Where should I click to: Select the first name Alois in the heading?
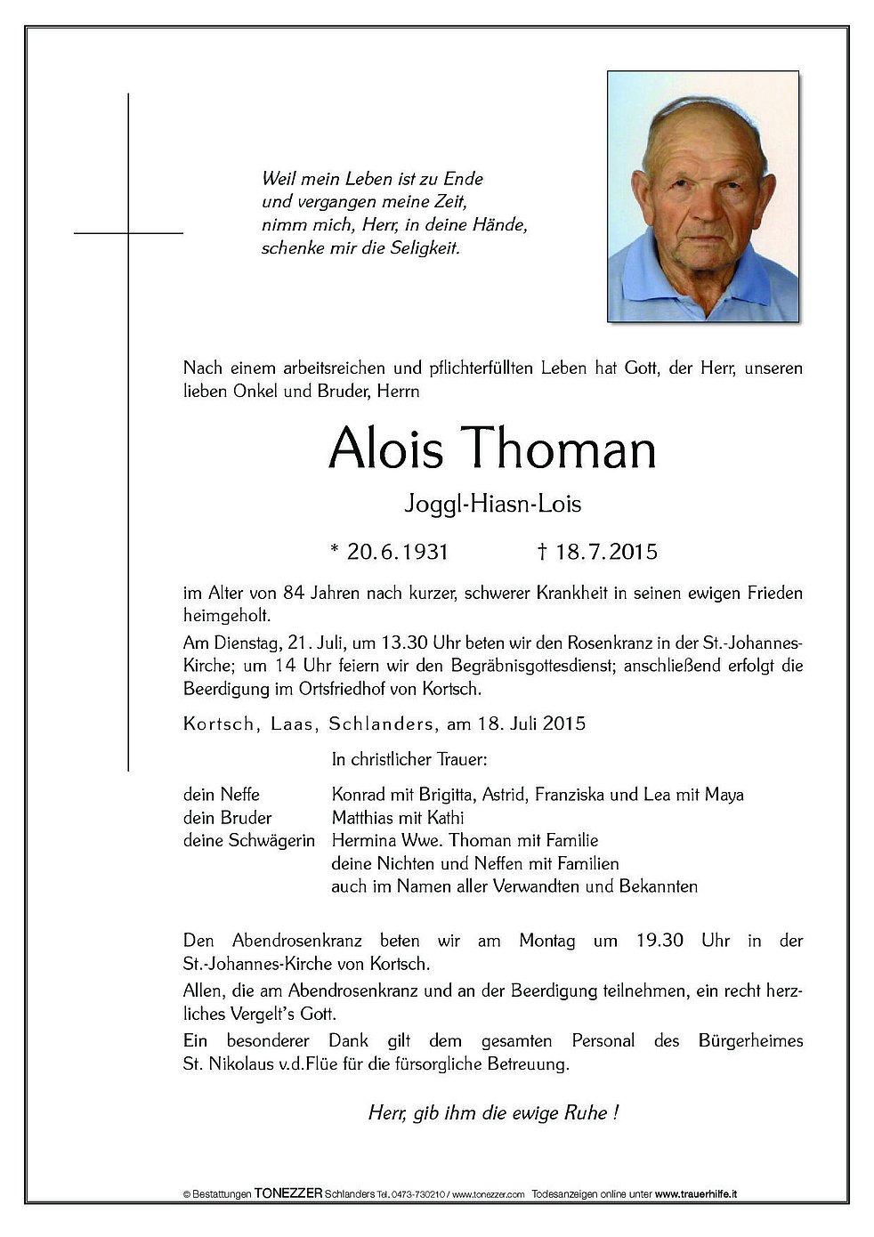coord(385,449)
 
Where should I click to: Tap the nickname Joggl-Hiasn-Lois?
coord(492,504)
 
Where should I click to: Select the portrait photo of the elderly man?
coord(702,196)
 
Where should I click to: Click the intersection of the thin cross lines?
coord(129,233)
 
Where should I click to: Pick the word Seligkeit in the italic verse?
coord(425,249)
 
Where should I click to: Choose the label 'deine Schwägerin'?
coord(248,840)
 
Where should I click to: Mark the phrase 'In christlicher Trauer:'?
coord(409,760)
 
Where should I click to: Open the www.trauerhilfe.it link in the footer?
coord(698,1193)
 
